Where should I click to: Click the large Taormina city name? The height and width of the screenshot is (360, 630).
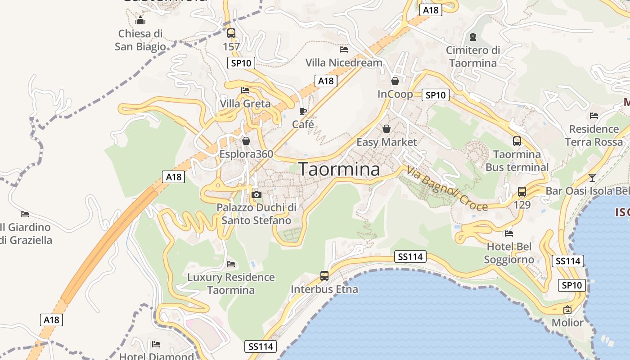(339, 169)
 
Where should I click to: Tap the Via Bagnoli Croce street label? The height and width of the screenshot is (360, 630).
(447, 189)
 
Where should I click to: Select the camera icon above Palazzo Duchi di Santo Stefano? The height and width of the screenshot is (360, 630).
(256, 194)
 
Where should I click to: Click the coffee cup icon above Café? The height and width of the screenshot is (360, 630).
(303, 111)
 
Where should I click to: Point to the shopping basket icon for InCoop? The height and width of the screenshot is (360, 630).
(395, 81)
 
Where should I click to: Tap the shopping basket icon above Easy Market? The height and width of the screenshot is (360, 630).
(387, 129)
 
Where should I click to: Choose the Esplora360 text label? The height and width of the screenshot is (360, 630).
(246, 154)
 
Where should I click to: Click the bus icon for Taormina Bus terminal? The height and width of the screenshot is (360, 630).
(517, 141)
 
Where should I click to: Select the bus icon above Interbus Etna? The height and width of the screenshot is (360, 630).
(324, 276)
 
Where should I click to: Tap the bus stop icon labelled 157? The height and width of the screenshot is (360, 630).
(231, 33)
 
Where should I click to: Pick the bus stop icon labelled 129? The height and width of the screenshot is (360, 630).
(522, 192)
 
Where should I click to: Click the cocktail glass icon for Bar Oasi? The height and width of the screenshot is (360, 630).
(592, 178)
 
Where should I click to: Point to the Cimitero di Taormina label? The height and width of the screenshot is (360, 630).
(473, 56)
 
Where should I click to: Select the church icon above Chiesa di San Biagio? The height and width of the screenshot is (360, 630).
(140, 20)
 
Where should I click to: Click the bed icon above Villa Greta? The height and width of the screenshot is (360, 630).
(245, 90)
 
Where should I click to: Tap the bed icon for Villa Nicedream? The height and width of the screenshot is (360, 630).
(344, 49)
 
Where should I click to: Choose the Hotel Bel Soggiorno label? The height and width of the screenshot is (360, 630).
(509, 253)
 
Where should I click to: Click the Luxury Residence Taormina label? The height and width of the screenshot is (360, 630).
(231, 283)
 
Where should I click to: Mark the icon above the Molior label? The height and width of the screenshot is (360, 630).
(567, 310)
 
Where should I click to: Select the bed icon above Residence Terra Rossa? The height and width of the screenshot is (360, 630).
(594, 116)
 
